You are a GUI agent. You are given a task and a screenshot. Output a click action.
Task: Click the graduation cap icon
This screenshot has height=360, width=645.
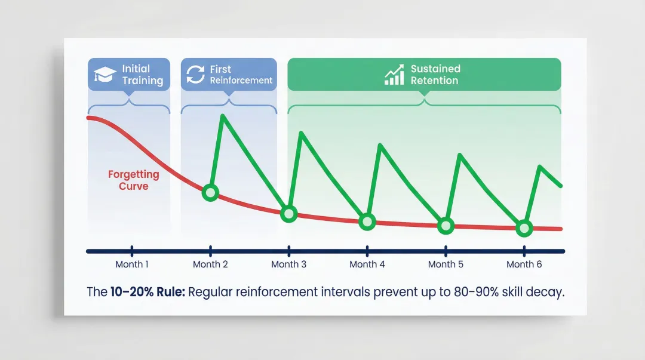click(105, 75)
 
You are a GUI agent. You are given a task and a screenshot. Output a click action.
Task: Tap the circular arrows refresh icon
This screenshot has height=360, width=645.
click(195, 75)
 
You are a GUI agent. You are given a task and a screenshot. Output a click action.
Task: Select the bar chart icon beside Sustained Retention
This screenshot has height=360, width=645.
click(394, 75)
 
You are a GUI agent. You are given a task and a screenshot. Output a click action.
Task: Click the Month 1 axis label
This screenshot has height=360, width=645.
click(132, 264)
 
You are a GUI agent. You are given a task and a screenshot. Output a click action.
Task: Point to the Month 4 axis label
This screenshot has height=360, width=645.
click(367, 264)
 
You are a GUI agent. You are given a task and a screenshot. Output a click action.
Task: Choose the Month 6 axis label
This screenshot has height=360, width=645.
click(524, 264)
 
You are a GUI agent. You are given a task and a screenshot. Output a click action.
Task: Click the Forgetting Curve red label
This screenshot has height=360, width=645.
click(133, 180)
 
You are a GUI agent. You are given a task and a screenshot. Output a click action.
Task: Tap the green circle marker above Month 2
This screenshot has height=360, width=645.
click(210, 192)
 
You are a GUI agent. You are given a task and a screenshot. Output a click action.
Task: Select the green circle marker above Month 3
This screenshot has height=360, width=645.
click(288, 213)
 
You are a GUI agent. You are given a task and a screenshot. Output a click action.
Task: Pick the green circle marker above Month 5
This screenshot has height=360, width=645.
click(446, 225)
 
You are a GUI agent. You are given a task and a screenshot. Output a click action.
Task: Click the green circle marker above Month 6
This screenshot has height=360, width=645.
click(524, 227)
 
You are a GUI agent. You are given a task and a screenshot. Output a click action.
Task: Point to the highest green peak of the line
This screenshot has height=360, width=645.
click(223, 115)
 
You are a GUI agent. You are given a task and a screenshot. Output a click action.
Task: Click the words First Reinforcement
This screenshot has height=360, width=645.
click(241, 75)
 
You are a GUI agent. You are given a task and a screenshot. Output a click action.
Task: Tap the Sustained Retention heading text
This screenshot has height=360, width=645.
click(435, 75)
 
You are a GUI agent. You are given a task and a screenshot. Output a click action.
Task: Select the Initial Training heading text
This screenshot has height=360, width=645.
click(142, 75)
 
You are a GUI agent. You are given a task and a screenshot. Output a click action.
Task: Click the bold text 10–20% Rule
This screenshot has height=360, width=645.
click(148, 293)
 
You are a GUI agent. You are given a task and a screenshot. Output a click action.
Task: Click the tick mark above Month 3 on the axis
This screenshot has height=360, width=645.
click(289, 251)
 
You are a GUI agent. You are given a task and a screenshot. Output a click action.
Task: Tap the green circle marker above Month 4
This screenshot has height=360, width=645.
click(367, 221)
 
